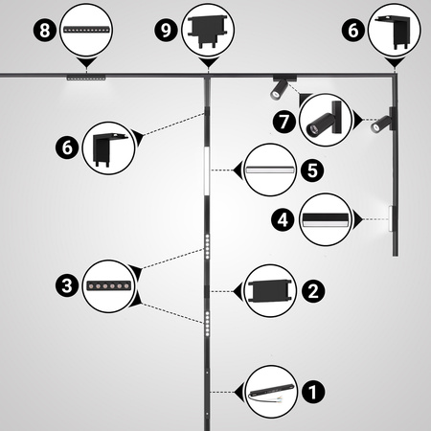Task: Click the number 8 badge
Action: tap(45, 31)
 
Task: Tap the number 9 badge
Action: tap(166, 31)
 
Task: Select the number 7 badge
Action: tap(284, 122)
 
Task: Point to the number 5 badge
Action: tap(312, 170)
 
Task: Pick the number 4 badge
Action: tap(283, 219)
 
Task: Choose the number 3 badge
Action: tap(67, 285)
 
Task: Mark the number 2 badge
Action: tap(313, 291)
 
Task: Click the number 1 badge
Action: tap(313, 392)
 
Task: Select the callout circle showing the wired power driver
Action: tap(271, 392)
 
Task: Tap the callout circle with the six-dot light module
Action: tap(109, 286)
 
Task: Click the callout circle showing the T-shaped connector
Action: tap(208, 31)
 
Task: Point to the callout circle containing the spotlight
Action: tap(326, 120)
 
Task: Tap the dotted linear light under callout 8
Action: tap(86, 78)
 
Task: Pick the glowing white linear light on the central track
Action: tap(207, 170)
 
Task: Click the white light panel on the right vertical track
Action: tap(391, 218)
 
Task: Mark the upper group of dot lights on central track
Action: tap(208, 246)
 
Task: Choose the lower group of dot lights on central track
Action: tap(208, 324)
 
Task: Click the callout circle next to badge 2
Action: tap(271, 291)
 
